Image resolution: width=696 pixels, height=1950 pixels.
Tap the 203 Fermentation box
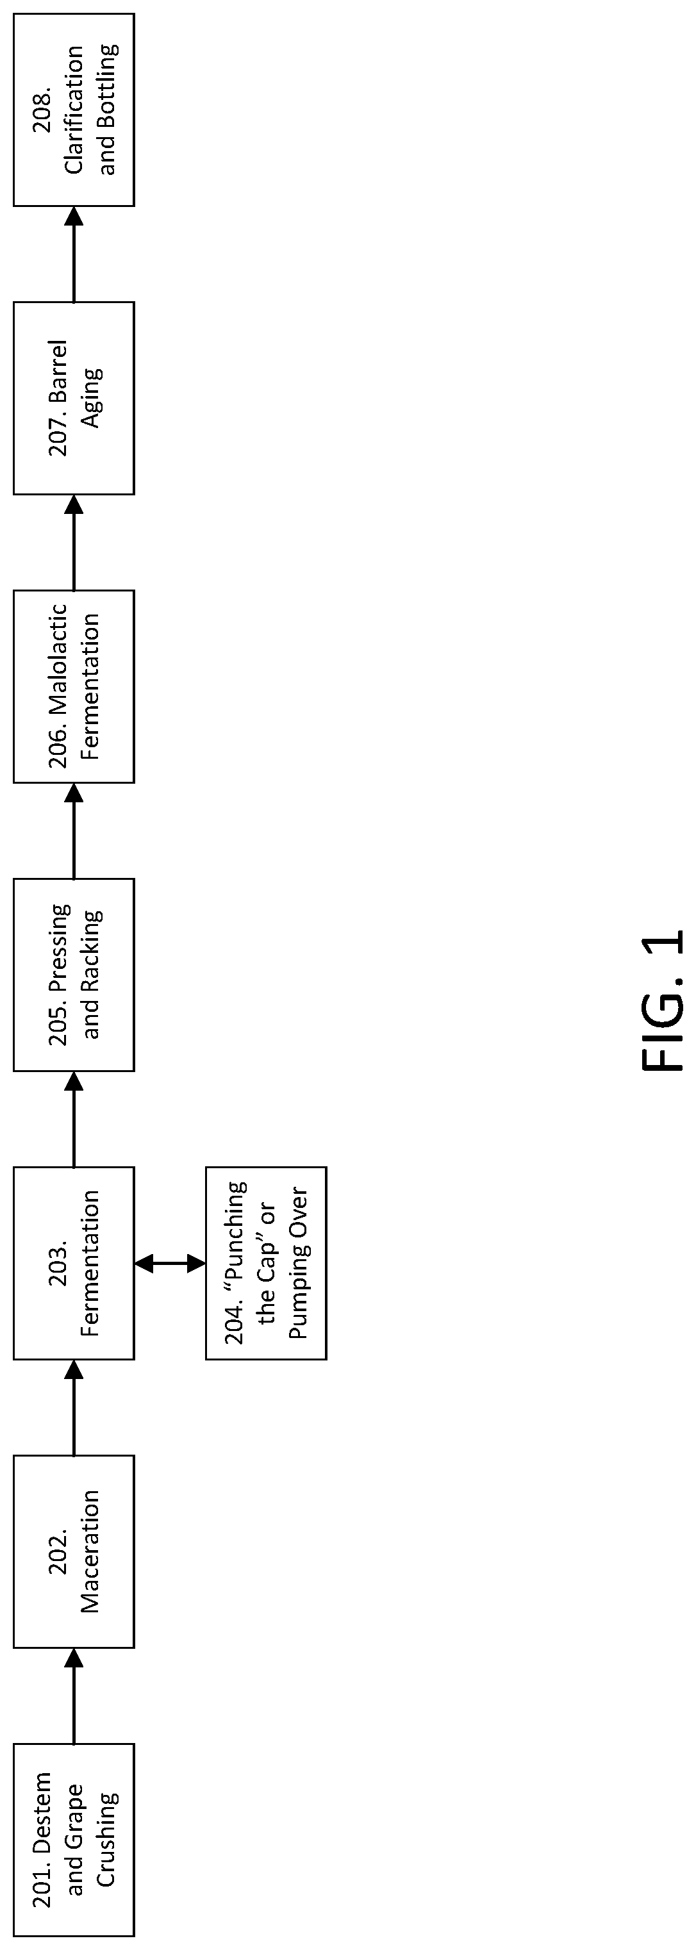[74, 1262]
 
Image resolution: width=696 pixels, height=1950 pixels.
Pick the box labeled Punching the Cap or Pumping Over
[266, 1262]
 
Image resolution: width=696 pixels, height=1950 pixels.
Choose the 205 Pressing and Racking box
[74, 974]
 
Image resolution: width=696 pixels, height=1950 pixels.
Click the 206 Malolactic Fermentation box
[74, 686]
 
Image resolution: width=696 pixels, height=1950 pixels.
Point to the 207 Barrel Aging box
[74, 398]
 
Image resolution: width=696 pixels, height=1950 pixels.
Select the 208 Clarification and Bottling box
[74, 110]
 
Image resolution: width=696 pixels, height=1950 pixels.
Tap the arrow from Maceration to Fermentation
[74, 1407]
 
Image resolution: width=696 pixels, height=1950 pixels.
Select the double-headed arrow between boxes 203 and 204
[170, 1262]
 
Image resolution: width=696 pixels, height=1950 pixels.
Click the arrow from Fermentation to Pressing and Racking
[74, 1119]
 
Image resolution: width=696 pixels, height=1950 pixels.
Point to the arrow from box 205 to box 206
[74, 830]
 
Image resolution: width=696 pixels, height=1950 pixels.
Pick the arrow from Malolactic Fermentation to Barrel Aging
[74, 542]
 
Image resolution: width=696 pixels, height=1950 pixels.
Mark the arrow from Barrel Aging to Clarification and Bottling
[74, 254]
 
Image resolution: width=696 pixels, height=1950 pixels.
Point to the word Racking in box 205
[91, 953]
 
